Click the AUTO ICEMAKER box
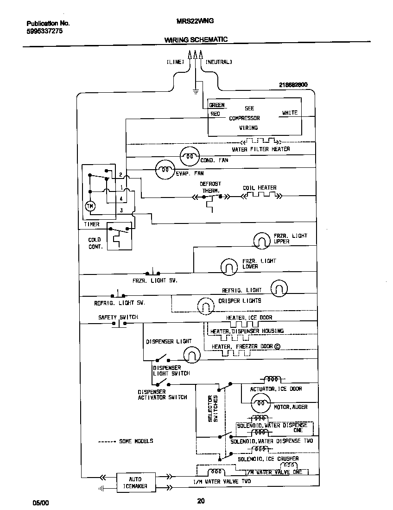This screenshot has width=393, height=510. pos(135,483)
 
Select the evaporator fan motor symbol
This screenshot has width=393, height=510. pos(164,170)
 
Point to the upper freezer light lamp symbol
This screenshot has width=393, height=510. pos(262,240)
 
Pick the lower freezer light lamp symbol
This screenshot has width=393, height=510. pos(228,266)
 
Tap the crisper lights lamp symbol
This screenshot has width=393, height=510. pos(206,305)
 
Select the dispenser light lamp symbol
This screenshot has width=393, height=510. pos(191,356)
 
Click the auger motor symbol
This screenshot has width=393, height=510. pos(260,405)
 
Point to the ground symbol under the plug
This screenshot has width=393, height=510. pos(195,91)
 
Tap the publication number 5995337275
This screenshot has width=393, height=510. pos(44,31)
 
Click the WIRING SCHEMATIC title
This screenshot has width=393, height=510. pos(196,40)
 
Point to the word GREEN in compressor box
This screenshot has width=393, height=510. pos(216,105)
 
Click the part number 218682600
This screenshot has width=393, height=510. pos(293,85)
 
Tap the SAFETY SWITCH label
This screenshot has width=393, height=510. pos(118,317)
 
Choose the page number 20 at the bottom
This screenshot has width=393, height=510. pos(201,500)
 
